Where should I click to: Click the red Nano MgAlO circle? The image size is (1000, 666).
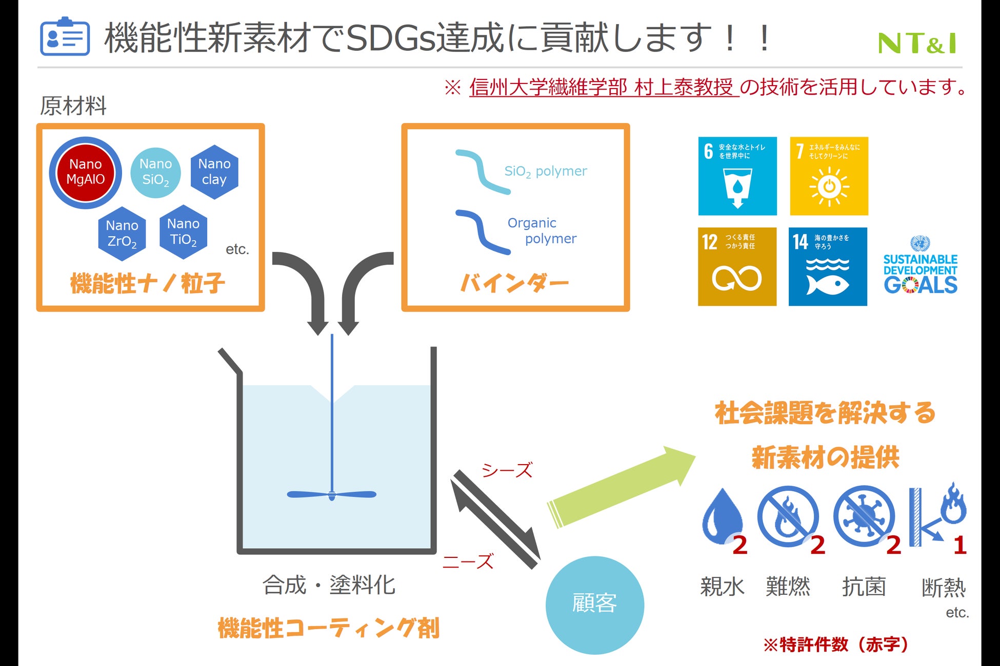(86, 172)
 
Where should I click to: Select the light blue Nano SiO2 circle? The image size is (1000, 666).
(155, 173)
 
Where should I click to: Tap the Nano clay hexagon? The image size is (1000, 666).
(214, 172)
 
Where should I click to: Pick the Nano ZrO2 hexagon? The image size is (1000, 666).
(122, 234)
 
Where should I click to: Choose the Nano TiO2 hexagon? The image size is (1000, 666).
(183, 232)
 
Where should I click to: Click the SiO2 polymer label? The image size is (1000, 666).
(546, 171)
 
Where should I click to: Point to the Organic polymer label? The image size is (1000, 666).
(542, 231)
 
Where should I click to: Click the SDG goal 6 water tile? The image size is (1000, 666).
(737, 176)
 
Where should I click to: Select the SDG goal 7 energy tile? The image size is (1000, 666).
(829, 176)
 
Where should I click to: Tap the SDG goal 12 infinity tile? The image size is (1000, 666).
(737, 266)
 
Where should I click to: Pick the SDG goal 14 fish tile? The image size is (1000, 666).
(828, 266)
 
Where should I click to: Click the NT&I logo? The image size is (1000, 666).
(917, 43)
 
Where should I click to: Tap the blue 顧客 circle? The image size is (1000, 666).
(594, 605)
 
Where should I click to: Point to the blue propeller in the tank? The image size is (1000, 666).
(332, 494)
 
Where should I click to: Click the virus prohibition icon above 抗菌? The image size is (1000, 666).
(864, 516)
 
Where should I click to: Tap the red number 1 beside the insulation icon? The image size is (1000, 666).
(960, 545)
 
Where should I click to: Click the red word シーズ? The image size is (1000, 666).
(507, 470)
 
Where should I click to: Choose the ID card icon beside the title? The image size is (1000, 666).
(65, 37)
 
